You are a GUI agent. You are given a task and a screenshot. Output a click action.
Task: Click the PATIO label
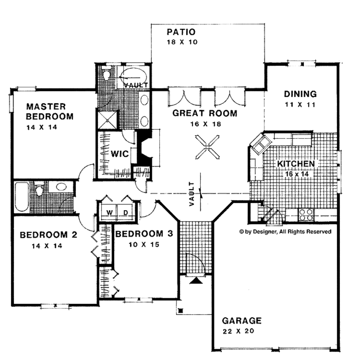point(181,32)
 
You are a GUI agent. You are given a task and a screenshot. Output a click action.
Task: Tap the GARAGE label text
point(242,321)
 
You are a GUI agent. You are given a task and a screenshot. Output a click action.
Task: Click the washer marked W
point(110,212)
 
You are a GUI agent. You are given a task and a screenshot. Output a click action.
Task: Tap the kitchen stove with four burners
point(306,214)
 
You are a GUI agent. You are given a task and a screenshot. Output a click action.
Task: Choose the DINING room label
point(300,94)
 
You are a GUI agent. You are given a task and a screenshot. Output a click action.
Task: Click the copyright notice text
point(285,232)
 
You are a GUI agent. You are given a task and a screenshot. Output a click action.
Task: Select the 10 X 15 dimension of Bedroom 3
point(144,244)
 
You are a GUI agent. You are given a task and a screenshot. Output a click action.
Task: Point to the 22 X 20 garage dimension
point(238,331)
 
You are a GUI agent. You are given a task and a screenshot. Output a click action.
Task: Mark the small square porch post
point(181,311)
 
